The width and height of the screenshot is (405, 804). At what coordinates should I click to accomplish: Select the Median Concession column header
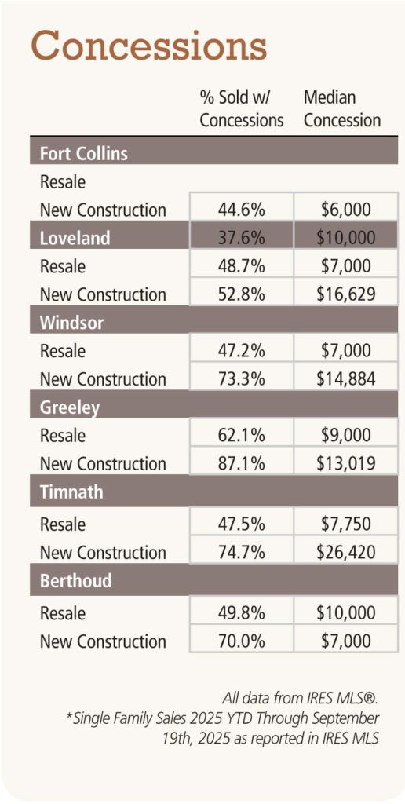click(341, 109)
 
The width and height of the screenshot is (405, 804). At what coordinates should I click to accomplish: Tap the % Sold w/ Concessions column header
click(241, 109)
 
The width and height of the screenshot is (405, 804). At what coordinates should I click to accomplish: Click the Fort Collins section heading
click(84, 153)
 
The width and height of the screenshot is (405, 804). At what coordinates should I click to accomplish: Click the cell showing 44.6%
click(241, 210)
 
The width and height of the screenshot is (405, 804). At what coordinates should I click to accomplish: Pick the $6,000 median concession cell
click(345, 210)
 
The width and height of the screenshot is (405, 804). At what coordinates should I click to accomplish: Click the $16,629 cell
click(345, 294)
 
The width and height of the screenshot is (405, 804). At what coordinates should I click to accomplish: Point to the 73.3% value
click(241, 378)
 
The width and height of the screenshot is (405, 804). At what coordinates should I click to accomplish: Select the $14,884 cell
click(345, 378)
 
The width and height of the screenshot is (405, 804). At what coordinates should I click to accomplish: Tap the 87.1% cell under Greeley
click(241, 463)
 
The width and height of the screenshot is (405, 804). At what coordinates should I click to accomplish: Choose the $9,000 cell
click(345, 435)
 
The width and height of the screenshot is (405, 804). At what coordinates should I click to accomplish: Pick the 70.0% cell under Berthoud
click(241, 641)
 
